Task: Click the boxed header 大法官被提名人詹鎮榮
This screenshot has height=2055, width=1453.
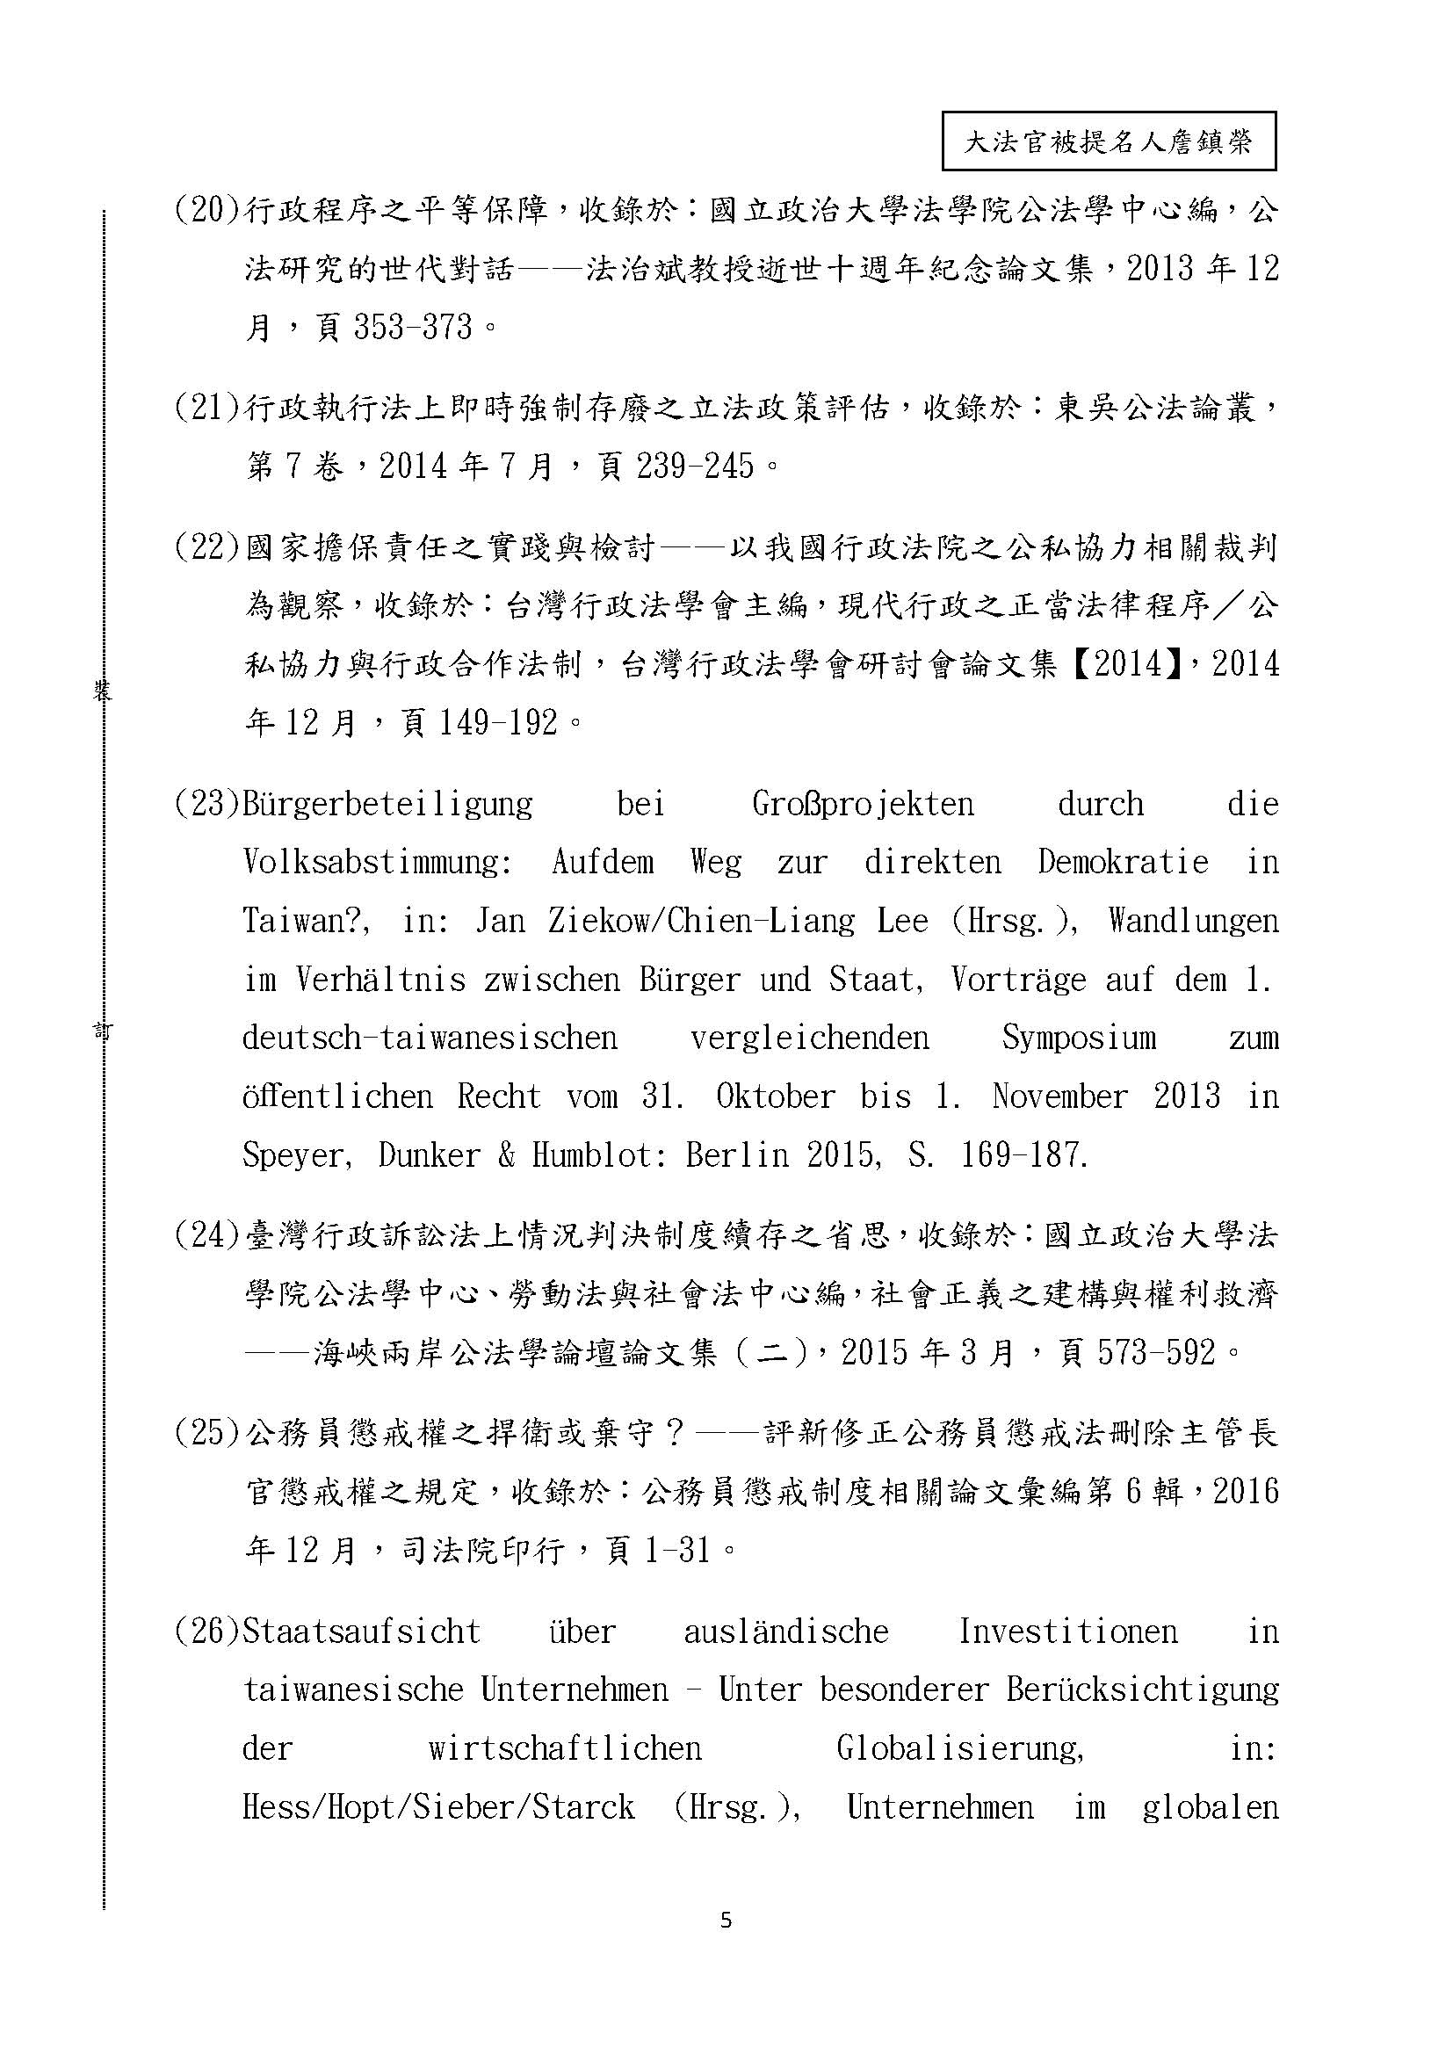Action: pos(1108,141)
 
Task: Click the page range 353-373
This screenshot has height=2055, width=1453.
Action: pos(413,328)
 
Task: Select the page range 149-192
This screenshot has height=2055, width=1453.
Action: pos(498,722)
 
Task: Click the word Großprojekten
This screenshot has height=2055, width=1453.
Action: pos(863,804)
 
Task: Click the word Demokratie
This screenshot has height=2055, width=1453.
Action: pos(1123,862)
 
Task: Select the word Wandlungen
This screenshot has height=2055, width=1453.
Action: pos(1193,920)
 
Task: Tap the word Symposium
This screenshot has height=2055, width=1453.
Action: pos(1078,1038)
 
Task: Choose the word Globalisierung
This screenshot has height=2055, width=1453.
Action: pos(960,1747)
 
